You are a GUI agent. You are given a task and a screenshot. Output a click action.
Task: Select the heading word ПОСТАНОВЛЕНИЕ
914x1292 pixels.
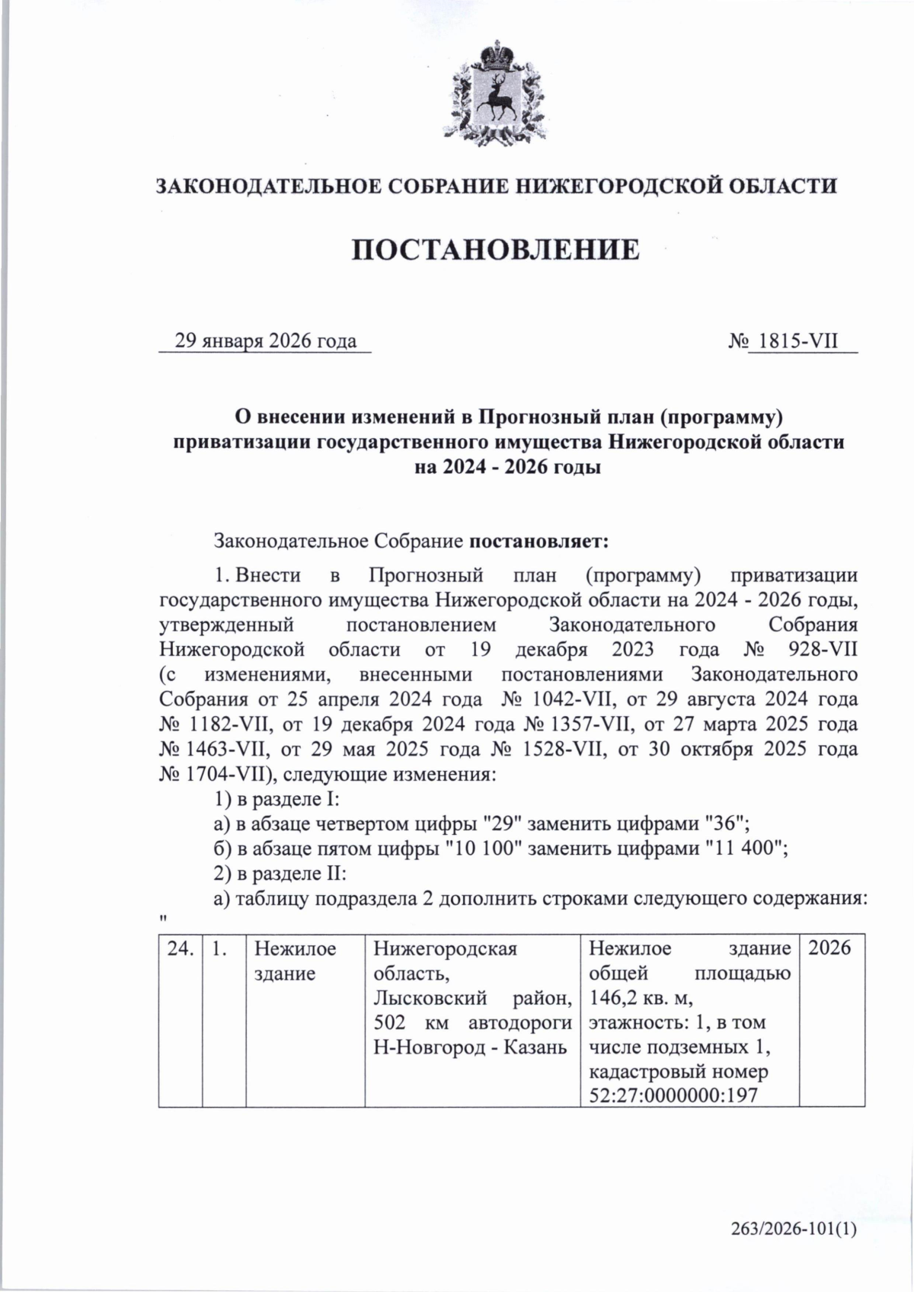496,249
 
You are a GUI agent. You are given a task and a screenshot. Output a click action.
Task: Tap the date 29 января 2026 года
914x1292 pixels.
266,341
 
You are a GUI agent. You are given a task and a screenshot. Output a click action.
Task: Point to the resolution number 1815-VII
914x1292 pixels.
794,341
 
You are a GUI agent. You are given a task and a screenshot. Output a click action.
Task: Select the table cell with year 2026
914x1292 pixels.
829,950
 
